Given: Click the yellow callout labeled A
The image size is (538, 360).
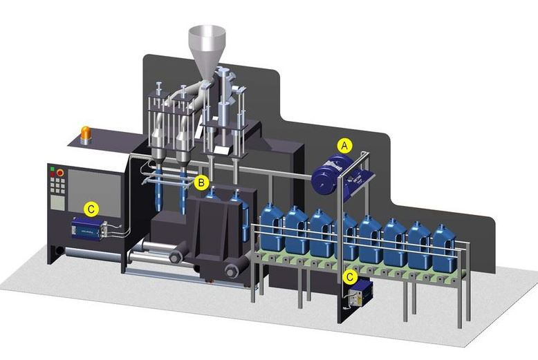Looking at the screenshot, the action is [x=344, y=146].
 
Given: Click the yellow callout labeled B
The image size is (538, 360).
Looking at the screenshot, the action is [x=201, y=182].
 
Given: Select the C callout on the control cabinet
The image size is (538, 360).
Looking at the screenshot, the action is [x=91, y=209].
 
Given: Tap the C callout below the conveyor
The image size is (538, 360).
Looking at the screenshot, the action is [x=350, y=276].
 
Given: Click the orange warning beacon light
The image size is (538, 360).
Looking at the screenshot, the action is [x=86, y=135].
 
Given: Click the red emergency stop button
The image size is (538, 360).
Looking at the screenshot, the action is [x=60, y=173].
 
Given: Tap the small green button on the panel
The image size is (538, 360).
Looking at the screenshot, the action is [x=52, y=169].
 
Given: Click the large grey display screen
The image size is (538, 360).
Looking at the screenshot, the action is [x=94, y=193].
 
